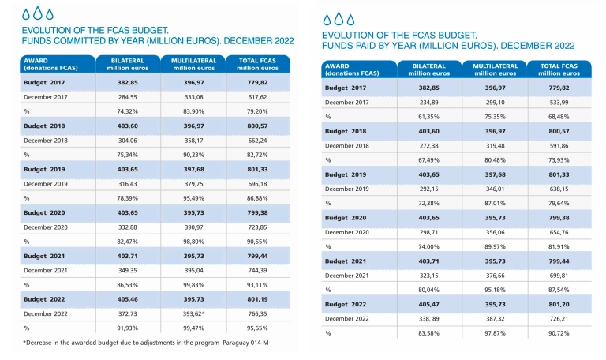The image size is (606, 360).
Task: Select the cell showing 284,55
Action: (128, 97)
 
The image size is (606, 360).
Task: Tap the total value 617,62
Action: (257, 97)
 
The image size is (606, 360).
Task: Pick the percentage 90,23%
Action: (193, 155)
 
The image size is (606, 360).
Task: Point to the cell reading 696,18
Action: (257, 184)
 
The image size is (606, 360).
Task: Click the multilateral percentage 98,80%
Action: (193, 242)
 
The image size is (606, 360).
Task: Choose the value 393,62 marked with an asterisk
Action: (193, 314)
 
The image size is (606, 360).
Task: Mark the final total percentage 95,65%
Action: (257, 328)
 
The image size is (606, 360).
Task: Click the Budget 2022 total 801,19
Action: (257, 299)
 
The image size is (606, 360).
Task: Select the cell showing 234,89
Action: (428, 103)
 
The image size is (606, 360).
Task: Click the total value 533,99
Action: (559, 103)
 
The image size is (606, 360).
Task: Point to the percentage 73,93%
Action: (559, 160)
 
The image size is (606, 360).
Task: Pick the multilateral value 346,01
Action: (495, 189)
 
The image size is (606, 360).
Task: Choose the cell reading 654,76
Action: (559, 232)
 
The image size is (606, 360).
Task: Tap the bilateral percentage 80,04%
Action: (428, 290)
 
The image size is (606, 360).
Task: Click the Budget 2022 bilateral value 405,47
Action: (428, 305)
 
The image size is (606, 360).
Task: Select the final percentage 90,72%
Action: (559, 333)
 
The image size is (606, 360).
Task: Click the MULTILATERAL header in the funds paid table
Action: (495, 66)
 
